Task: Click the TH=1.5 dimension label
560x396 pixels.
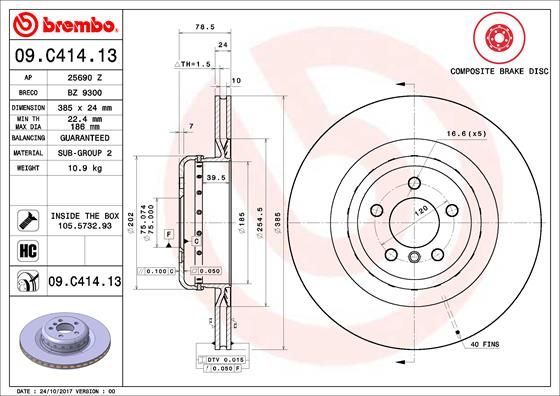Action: tap(196, 63)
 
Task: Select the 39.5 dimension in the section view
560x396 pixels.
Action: tap(211, 177)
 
